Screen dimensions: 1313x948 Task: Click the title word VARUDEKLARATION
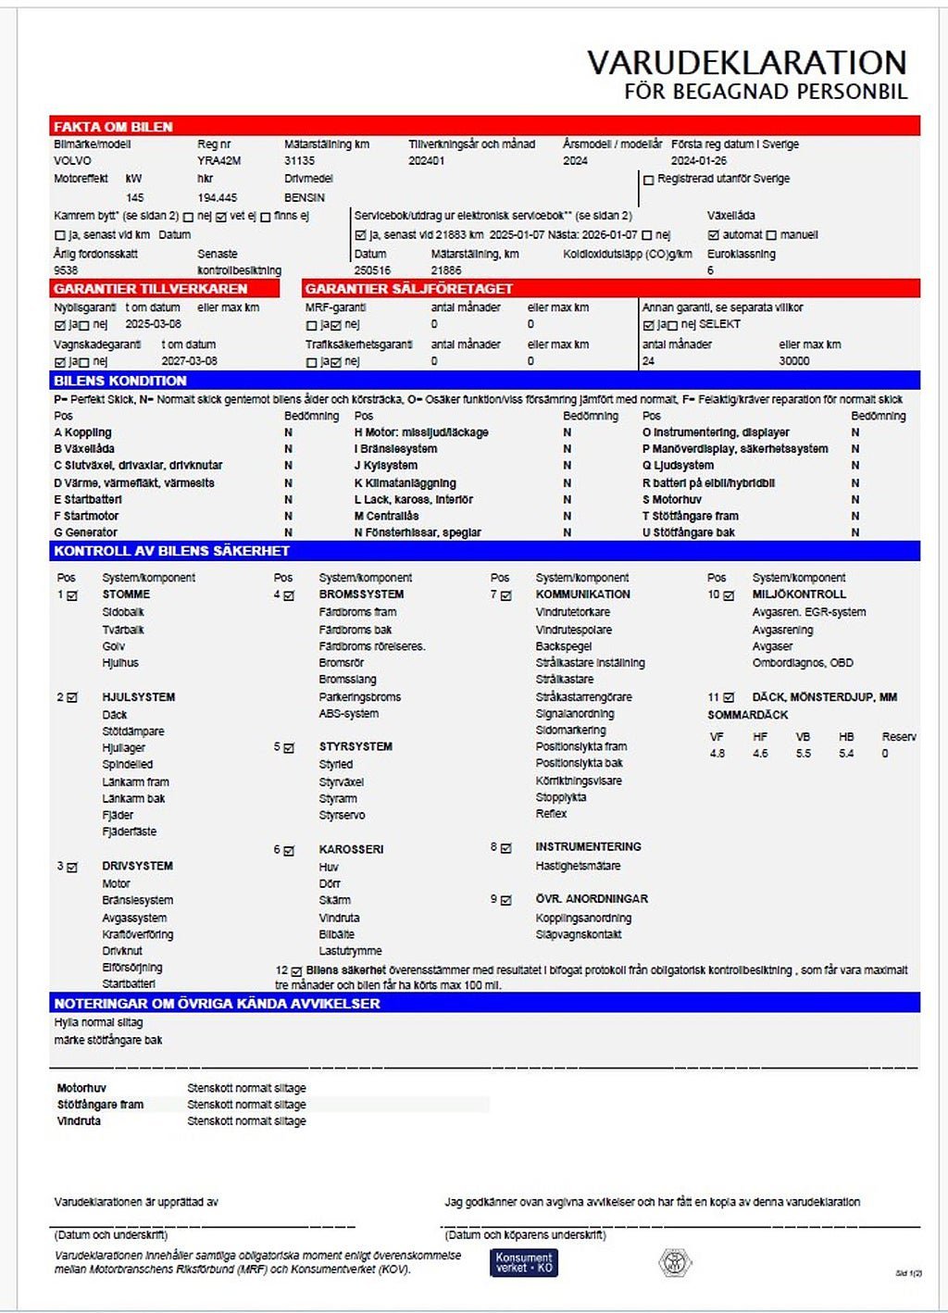(x=746, y=63)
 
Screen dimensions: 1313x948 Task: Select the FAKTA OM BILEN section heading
(x=113, y=127)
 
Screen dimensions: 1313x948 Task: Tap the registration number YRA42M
(x=219, y=161)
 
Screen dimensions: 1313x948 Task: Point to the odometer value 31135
(x=299, y=161)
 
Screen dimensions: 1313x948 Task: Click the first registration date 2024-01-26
(x=699, y=161)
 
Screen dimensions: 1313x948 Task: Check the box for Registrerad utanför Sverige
(x=648, y=180)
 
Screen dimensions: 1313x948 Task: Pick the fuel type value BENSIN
(x=305, y=197)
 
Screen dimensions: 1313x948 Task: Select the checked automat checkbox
(x=713, y=235)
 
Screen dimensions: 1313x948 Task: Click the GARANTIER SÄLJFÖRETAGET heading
(x=408, y=289)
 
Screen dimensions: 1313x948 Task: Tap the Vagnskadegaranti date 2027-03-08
(x=190, y=361)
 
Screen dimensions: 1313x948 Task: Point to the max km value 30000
(x=794, y=361)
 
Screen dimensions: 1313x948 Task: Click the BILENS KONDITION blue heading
(x=120, y=381)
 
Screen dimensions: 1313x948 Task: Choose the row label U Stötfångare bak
(x=689, y=532)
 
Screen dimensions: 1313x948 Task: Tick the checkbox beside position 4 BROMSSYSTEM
(x=289, y=595)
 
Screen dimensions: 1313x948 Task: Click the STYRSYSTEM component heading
(x=355, y=746)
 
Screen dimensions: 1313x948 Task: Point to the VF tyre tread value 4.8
(x=717, y=754)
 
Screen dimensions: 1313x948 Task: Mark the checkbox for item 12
(x=296, y=971)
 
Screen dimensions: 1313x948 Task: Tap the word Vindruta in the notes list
(x=79, y=1121)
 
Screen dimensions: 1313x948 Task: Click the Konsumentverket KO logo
(x=524, y=1263)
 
